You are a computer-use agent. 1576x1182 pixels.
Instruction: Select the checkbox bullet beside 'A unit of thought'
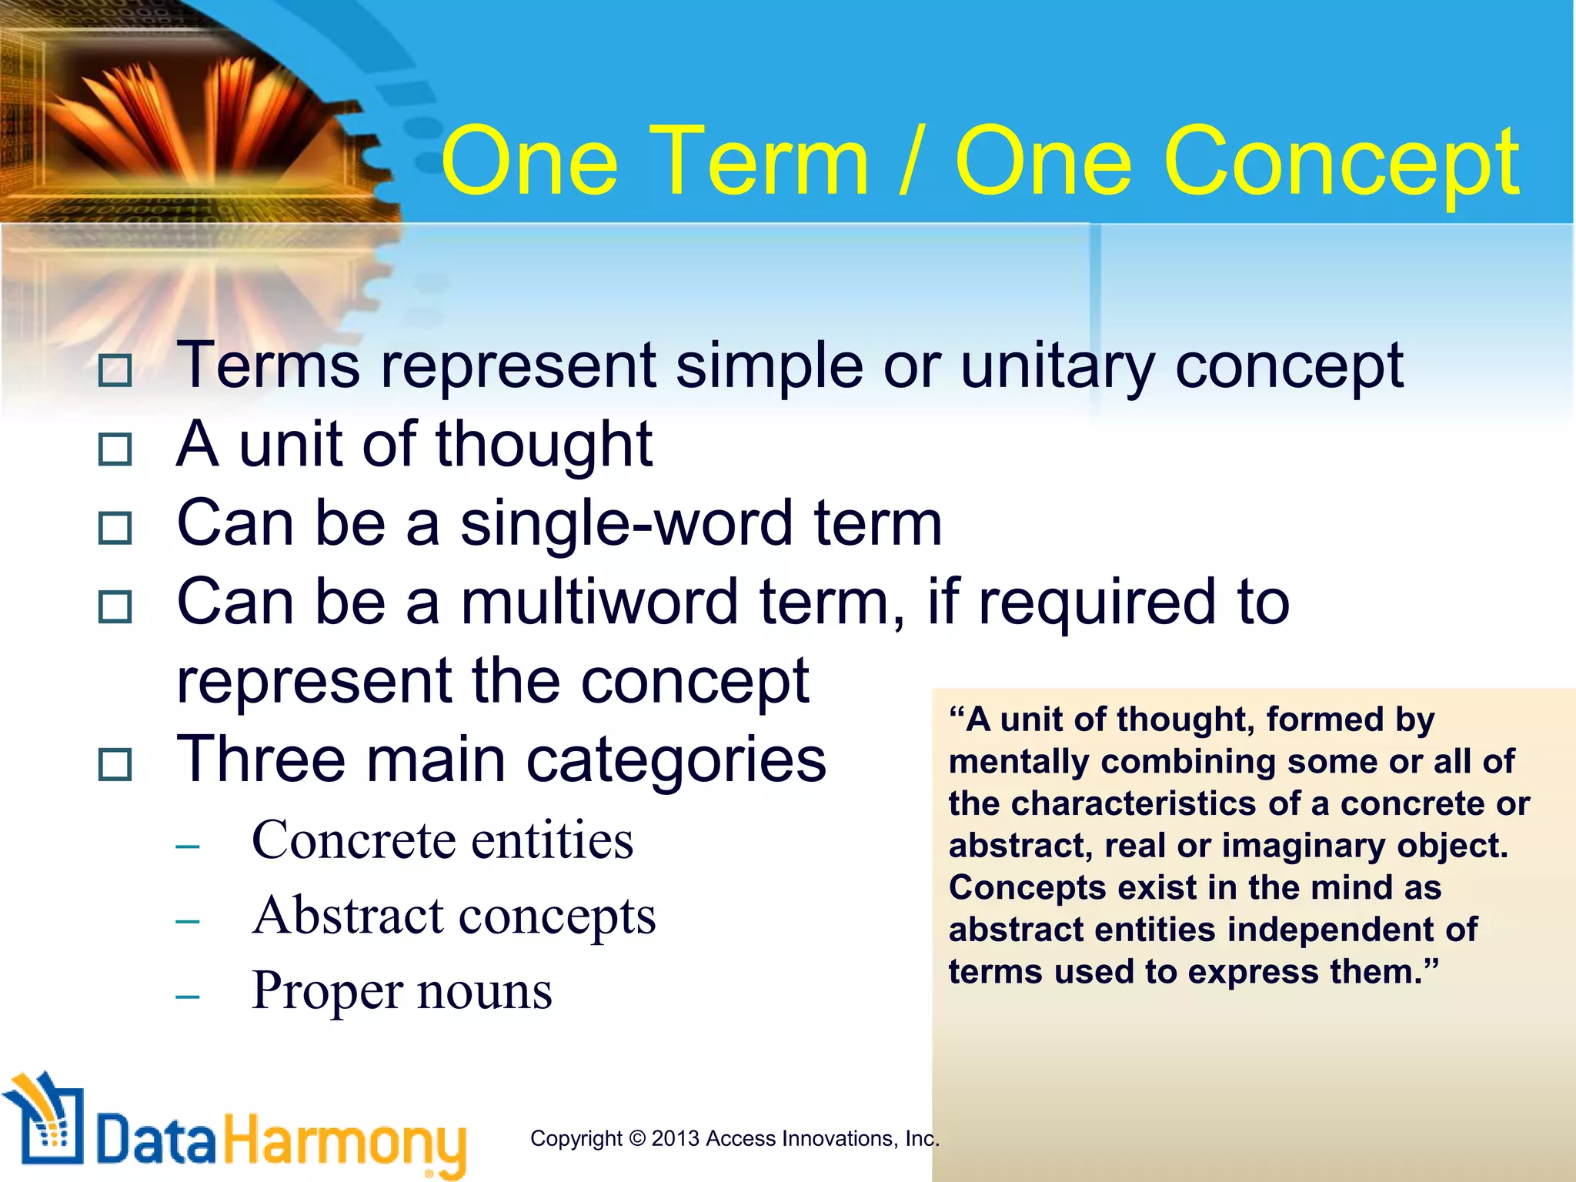coord(115,449)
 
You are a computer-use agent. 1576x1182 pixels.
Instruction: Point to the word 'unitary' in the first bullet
coord(1057,367)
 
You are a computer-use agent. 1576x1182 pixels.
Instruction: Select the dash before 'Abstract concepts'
coord(188,920)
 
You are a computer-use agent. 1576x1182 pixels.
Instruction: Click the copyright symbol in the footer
coord(636,1138)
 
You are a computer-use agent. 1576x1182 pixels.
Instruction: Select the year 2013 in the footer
coord(675,1138)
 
